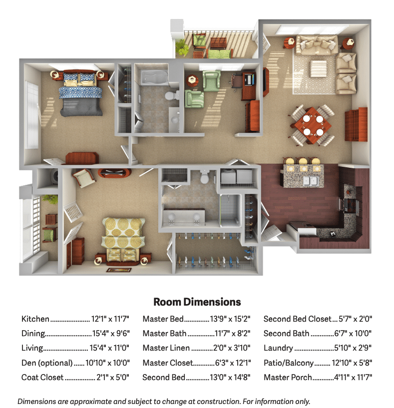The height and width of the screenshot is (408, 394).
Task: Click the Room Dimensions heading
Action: coord(197,302)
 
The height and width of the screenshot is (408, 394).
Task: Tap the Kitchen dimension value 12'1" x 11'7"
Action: coord(110,319)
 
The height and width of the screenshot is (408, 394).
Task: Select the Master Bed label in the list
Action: coord(163,319)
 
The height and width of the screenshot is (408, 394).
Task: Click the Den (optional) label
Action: coord(47,363)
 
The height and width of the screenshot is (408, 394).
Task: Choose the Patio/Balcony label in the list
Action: coord(289,363)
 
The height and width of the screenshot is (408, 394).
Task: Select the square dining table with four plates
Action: coord(313,125)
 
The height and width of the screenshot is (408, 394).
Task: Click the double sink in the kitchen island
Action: coord(311,181)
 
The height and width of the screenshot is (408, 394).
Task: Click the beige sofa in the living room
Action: coord(317,44)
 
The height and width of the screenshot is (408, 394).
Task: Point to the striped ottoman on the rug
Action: coord(319,68)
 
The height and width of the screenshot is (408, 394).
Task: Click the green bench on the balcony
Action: coord(219,54)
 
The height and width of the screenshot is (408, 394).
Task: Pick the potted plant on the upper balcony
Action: coord(182,47)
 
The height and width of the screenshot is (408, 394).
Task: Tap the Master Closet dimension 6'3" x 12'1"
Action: coord(233,363)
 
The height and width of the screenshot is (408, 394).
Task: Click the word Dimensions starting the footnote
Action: coord(33,402)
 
